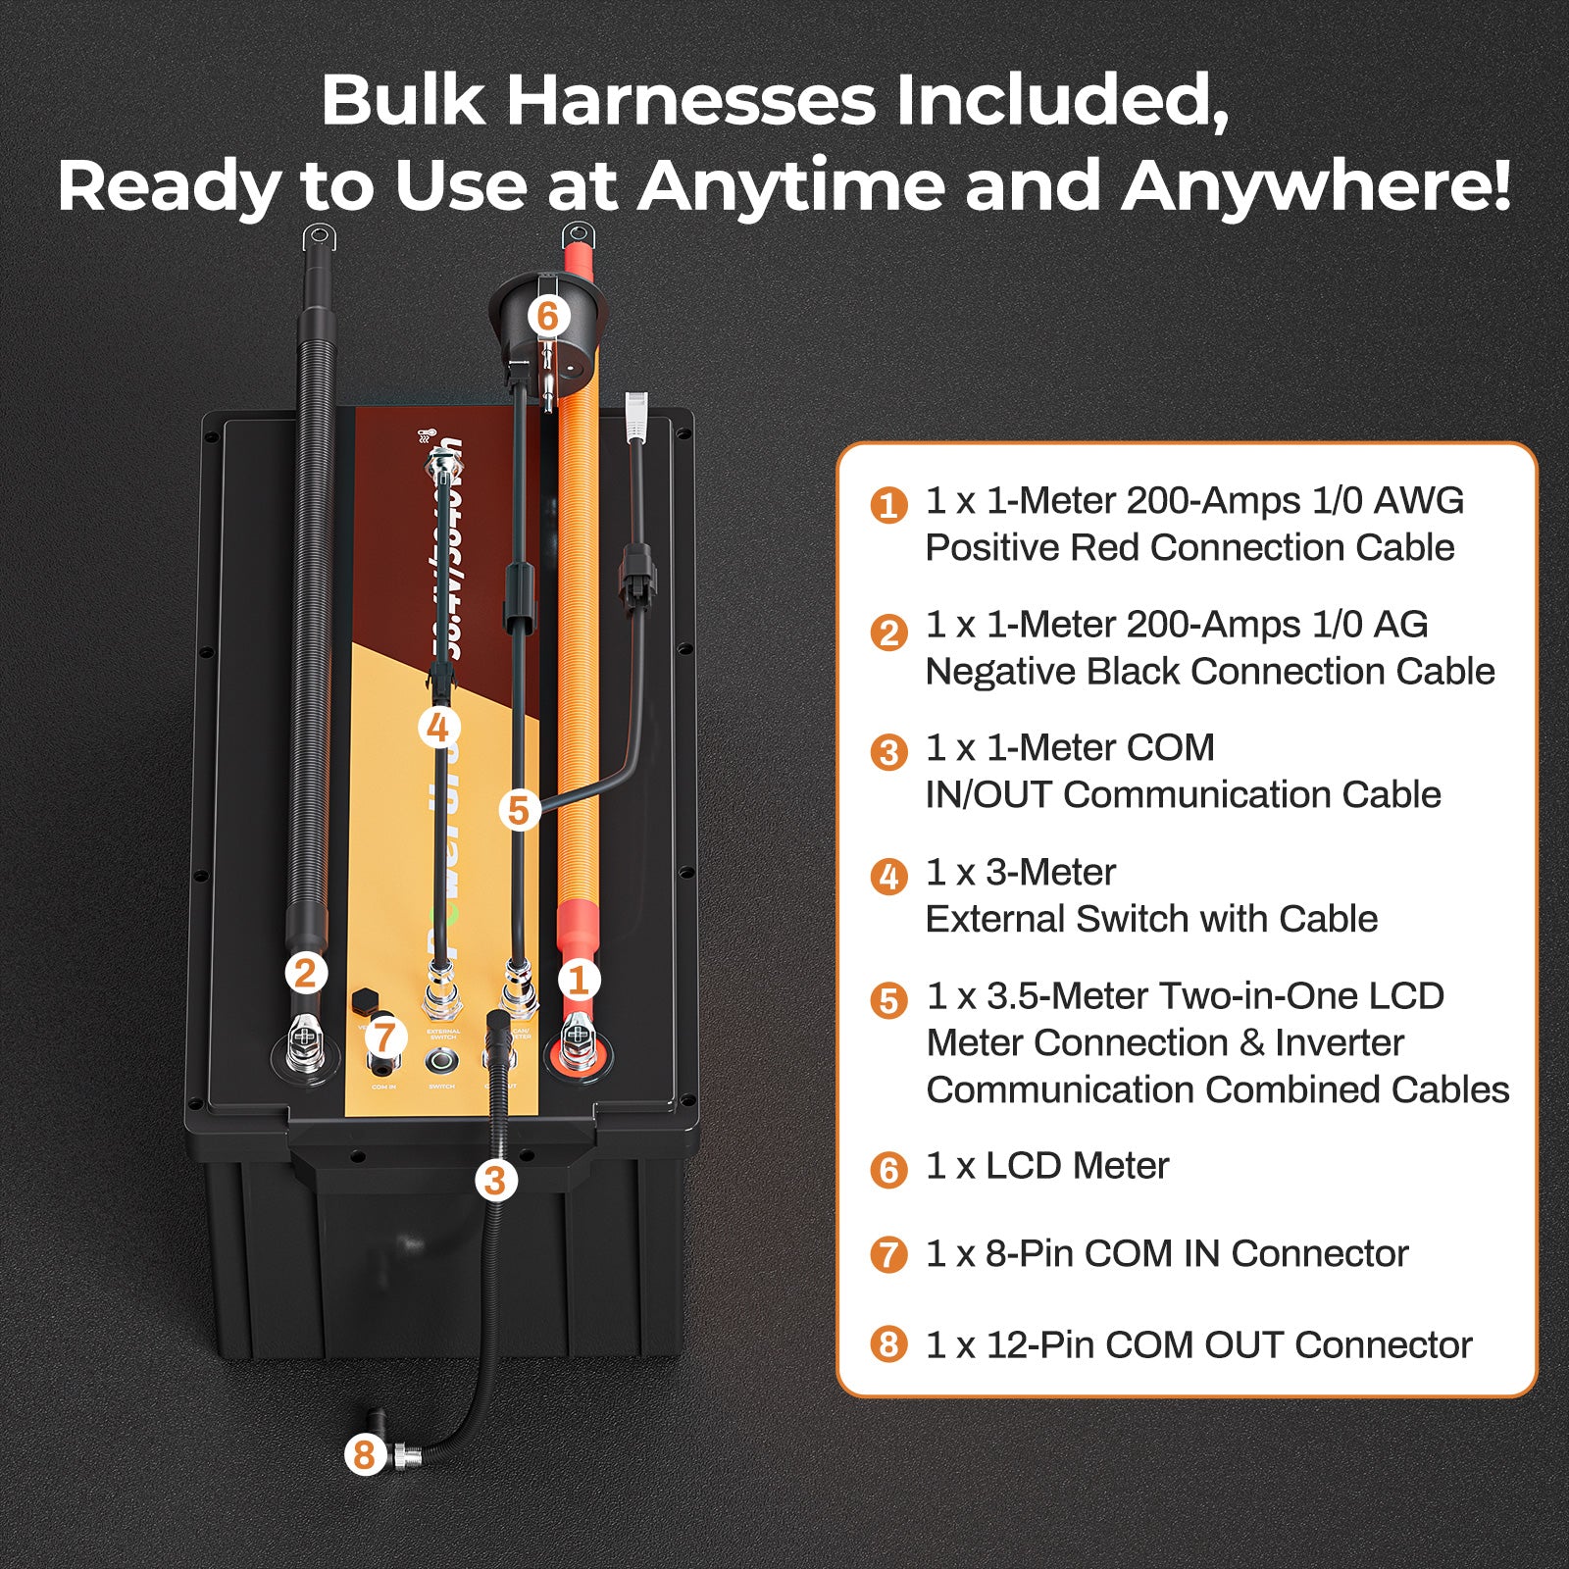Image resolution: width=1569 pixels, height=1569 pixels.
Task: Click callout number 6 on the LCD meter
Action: pyautogui.click(x=547, y=316)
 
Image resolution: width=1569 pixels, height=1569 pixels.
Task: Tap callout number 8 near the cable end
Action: pyautogui.click(x=364, y=1454)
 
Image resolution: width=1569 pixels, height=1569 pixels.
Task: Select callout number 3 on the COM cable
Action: pyautogui.click(x=495, y=1180)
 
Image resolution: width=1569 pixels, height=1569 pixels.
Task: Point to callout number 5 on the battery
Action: pyautogui.click(x=519, y=810)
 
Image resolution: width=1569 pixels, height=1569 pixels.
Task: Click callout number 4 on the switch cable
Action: pyautogui.click(x=437, y=728)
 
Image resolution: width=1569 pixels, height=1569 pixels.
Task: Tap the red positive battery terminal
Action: pyautogui.click(x=578, y=1045)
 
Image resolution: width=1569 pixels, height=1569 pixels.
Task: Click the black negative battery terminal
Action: pyautogui.click(x=305, y=1045)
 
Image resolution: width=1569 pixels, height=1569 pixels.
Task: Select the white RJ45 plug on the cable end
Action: pyautogui.click(x=636, y=414)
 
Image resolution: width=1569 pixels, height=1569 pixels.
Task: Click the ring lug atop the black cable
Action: pyautogui.click(x=318, y=237)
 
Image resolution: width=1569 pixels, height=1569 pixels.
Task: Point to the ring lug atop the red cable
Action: pyautogui.click(x=578, y=235)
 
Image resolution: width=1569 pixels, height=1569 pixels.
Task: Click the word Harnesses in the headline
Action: pyautogui.click(x=690, y=100)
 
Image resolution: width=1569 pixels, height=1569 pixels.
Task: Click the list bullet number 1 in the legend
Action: pyautogui.click(x=888, y=505)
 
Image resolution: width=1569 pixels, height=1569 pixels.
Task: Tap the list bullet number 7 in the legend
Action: pyautogui.click(x=888, y=1254)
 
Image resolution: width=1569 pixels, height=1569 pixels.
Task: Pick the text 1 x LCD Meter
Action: pyautogui.click(x=1046, y=1166)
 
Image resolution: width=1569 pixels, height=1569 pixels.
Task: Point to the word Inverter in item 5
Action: pyautogui.click(x=1340, y=1042)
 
